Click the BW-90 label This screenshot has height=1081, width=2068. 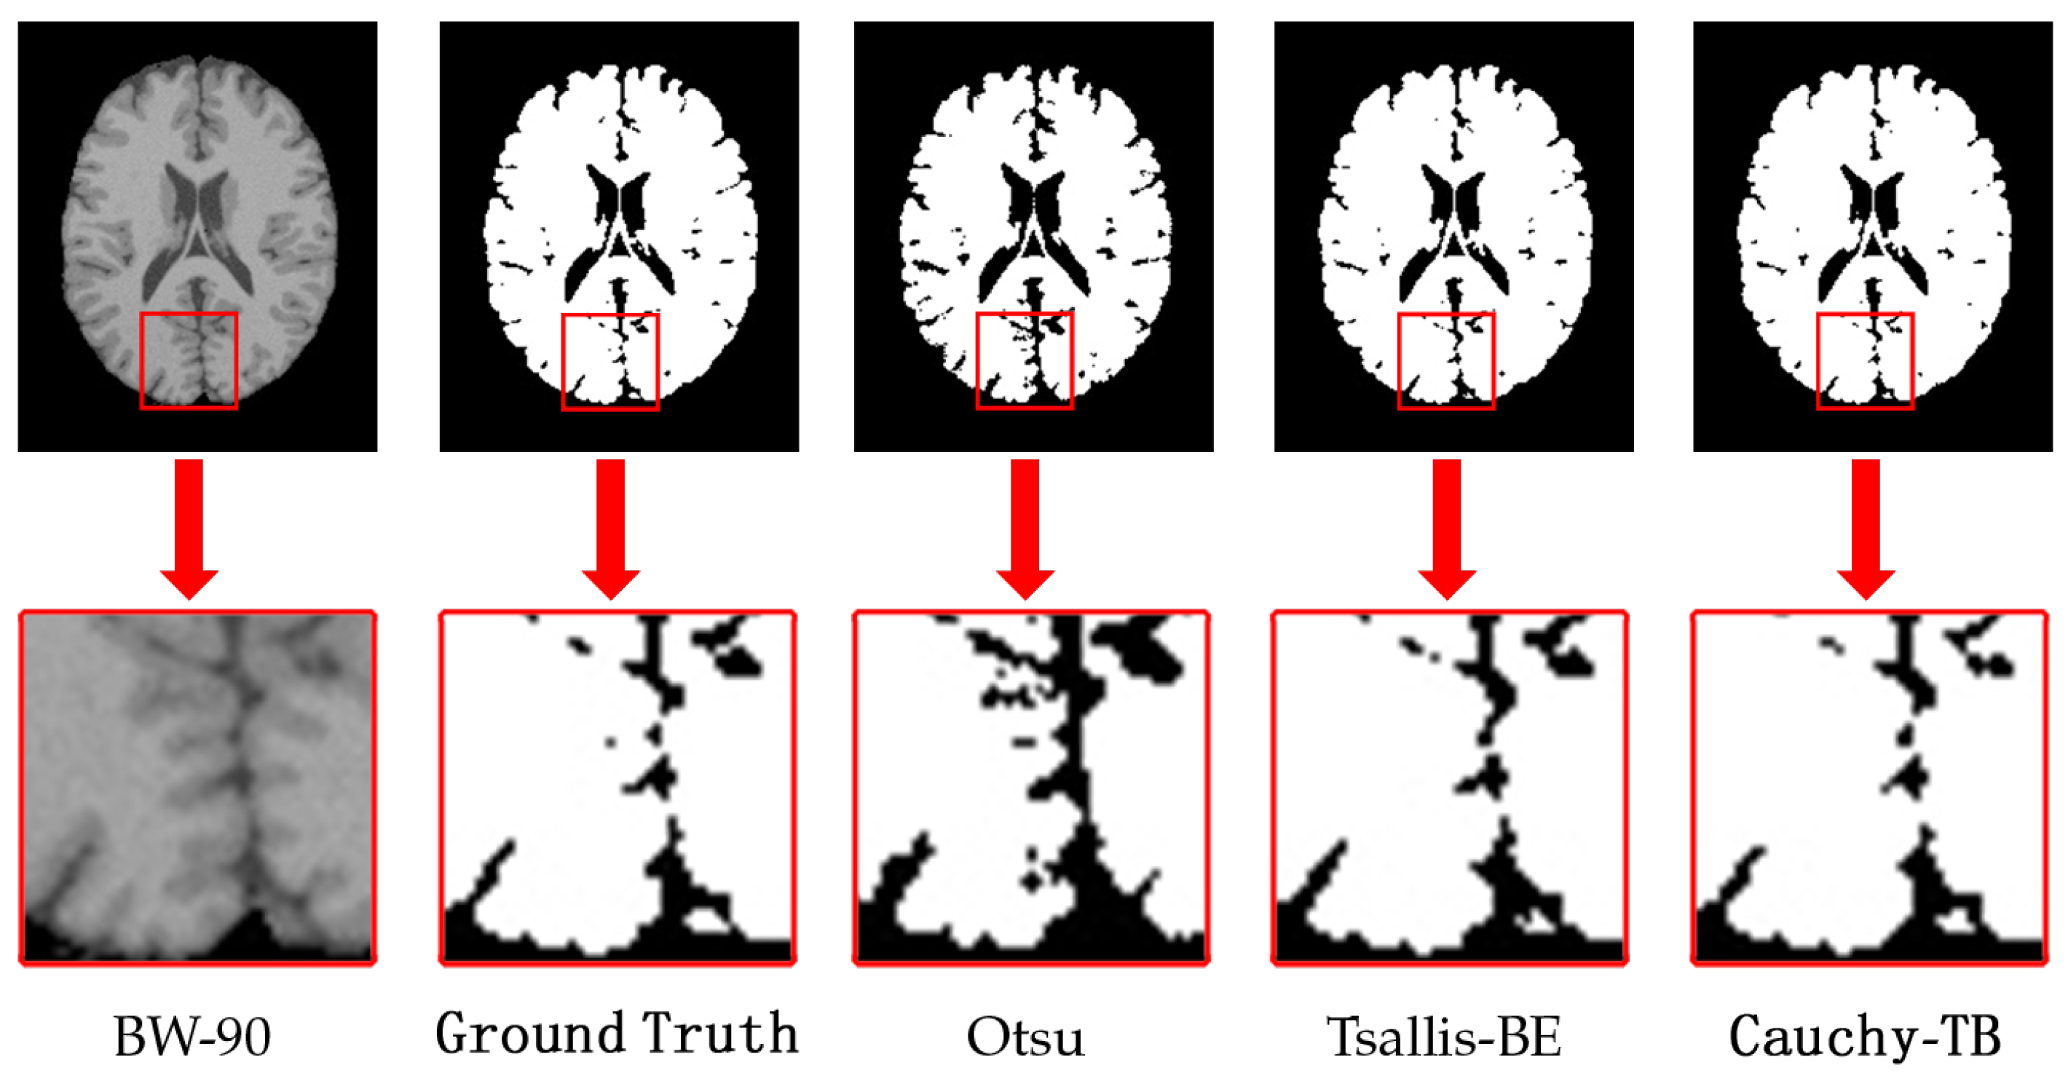tap(193, 1036)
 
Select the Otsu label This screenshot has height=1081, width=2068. tap(1025, 1036)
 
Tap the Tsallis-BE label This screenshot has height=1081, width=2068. tap(1443, 1036)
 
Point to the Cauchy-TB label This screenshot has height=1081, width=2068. tap(1864, 1036)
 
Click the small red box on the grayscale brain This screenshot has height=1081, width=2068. tap(189, 360)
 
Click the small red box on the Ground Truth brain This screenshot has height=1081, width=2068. tap(610, 362)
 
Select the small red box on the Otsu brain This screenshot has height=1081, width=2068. tap(1025, 361)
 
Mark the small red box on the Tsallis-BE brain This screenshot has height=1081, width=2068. tap(1446, 361)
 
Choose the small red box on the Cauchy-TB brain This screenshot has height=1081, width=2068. tap(1865, 361)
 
